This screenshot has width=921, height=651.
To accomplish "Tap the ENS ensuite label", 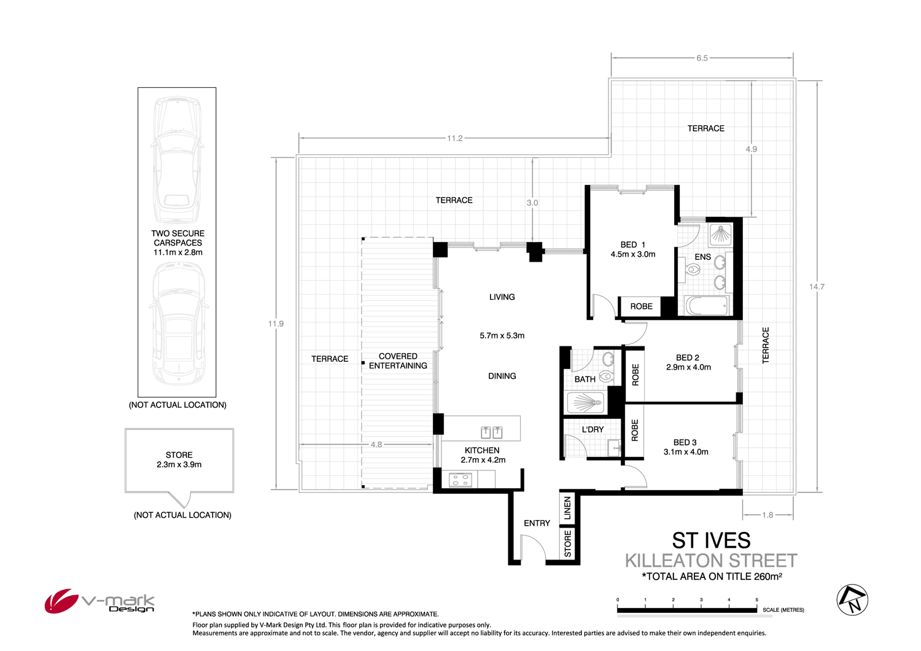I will point(702,257).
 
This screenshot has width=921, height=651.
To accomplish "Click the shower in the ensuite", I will point(720,234).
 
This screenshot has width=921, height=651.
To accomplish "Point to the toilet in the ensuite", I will point(693,269).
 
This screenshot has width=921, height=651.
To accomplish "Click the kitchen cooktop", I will point(460,480).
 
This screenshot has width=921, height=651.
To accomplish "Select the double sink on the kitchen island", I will point(491,432).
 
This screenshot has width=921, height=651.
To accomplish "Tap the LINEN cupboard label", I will point(567,509).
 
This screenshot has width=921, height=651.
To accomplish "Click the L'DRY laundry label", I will point(593,429).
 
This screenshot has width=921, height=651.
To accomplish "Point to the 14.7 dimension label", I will point(817,287).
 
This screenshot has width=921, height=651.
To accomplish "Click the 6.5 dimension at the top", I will point(702,58).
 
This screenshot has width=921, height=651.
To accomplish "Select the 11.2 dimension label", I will point(454,138).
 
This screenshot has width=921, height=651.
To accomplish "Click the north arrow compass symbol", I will point(853,600).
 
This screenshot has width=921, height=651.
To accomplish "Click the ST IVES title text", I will point(711,540).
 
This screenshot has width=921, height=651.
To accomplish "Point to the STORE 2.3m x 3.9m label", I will point(179,459).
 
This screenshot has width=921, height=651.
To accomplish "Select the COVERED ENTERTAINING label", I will point(398,361).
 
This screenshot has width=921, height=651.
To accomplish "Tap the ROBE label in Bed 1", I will point(641,306).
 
